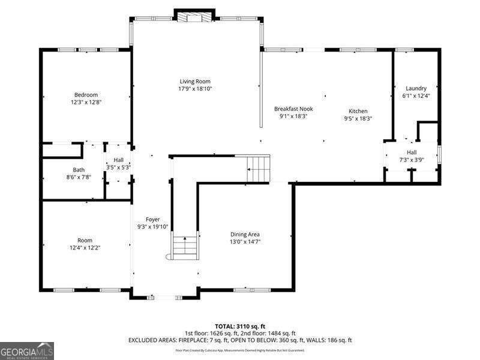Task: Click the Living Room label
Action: [x=195, y=82]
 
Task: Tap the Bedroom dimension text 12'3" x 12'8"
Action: [x=86, y=102]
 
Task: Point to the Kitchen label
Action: [x=358, y=111]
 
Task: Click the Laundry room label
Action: [x=416, y=88]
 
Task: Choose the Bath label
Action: [x=79, y=170]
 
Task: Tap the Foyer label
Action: [x=152, y=220]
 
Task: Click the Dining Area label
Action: [x=245, y=234]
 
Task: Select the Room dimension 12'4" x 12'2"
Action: [x=85, y=247]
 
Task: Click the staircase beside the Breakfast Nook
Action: [x=259, y=168]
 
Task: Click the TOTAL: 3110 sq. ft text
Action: [x=239, y=326]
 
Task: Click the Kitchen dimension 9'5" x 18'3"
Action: [x=358, y=118]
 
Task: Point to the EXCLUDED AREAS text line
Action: [x=239, y=340]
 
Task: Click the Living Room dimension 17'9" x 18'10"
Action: [x=195, y=89]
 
